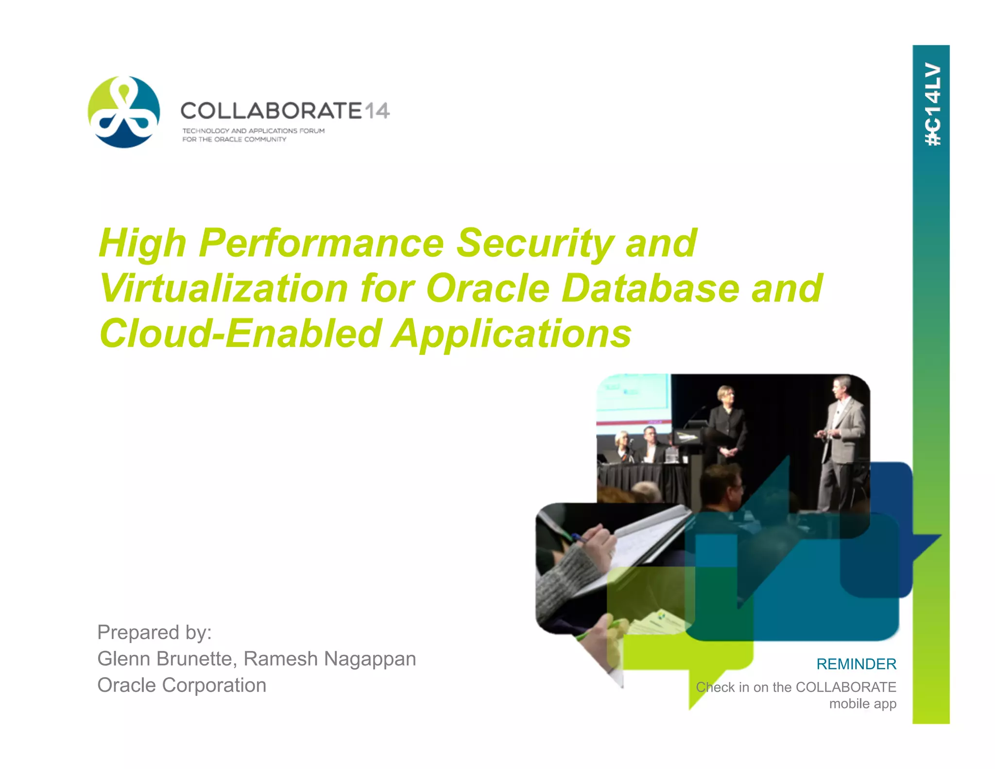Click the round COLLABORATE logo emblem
coord(124,112)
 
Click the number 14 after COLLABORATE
coord(377,111)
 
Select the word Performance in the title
coord(321,243)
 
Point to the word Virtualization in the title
coord(223,288)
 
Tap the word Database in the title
coord(650,288)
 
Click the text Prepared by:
coord(154,632)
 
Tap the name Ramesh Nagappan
coord(329,659)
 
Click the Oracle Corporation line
coord(182,685)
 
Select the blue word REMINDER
coord(856,664)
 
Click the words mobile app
coord(862,703)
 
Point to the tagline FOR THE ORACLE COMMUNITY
coord(234,140)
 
